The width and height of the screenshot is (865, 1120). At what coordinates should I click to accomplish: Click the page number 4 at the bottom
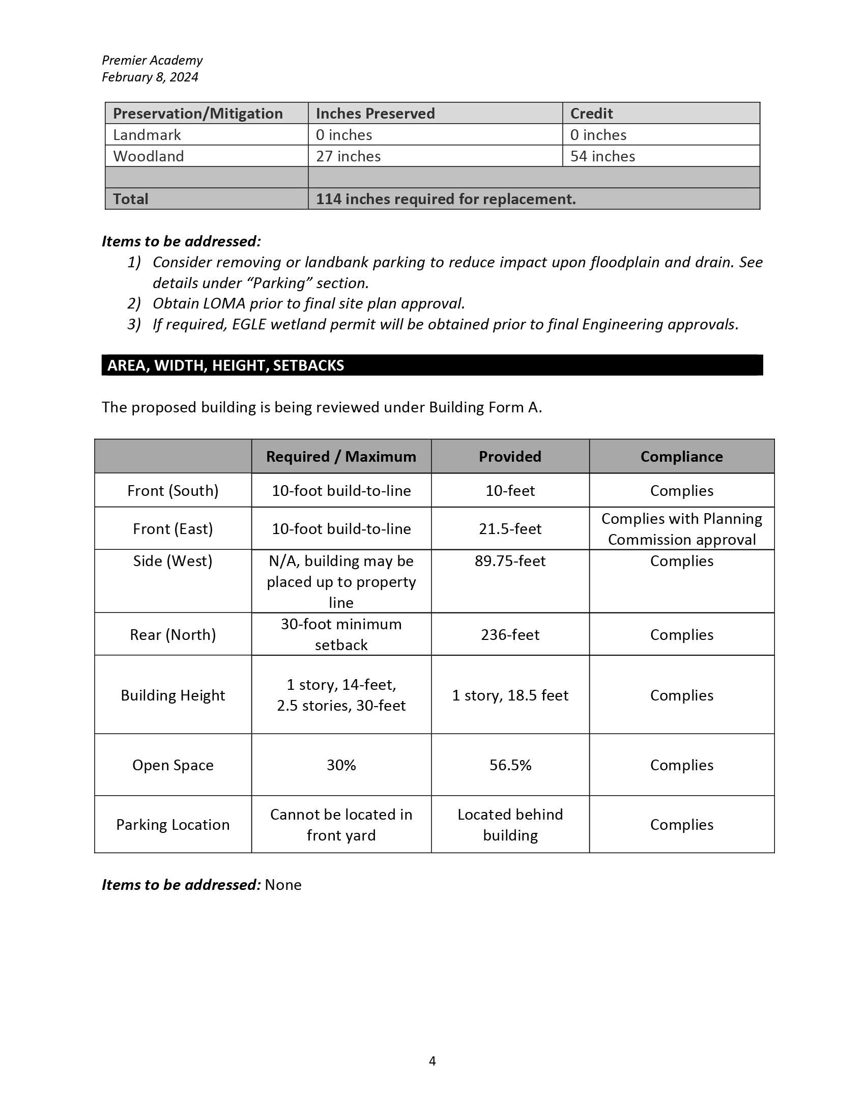(x=432, y=1060)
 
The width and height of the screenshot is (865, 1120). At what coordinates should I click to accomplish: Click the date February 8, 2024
(x=150, y=77)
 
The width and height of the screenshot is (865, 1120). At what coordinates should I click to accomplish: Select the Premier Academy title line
(x=152, y=60)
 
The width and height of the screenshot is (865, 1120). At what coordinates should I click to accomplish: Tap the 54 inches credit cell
(x=602, y=156)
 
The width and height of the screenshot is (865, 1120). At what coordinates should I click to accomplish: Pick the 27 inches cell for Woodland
(x=348, y=156)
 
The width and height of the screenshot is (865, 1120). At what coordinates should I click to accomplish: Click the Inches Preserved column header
(x=375, y=114)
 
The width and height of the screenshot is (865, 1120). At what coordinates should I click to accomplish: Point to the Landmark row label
(x=147, y=135)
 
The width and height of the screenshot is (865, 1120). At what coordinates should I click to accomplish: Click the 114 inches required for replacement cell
(x=446, y=199)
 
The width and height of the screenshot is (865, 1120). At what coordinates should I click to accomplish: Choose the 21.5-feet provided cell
(x=510, y=529)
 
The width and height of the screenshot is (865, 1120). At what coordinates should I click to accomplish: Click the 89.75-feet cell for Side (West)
(x=510, y=561)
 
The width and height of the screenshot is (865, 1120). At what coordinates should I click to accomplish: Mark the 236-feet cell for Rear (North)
(x=510, y=635)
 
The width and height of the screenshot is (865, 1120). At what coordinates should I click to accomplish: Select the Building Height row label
(x=172, y=695)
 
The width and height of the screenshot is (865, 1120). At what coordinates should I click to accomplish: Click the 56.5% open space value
(x=510, y=765)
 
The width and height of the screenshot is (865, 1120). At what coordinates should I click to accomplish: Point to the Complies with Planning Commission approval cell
(x=681, y=529)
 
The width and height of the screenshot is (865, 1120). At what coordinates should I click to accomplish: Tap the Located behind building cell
(x=510, y=825)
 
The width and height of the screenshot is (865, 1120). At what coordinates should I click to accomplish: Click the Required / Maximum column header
(x=341, y=457)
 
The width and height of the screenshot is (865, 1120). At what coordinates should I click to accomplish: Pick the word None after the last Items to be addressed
(x=283, y=885)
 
